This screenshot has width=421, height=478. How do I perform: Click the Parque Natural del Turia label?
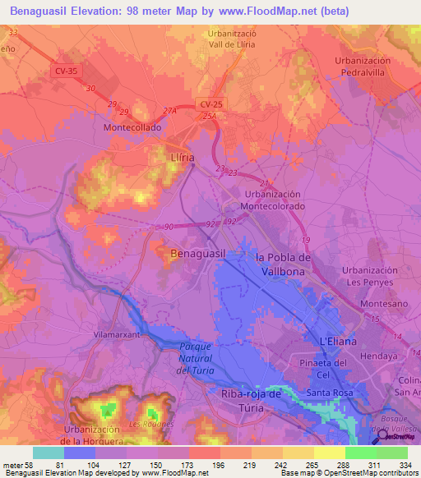click(194, 359)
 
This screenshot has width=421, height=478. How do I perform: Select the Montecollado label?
click(132, 128)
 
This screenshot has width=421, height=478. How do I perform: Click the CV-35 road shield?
click(68, 71)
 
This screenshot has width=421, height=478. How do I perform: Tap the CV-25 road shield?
click(210, 103)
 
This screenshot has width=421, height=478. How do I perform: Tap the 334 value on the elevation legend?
click(403, 465)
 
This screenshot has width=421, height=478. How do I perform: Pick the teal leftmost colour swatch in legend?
click(49, 453)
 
